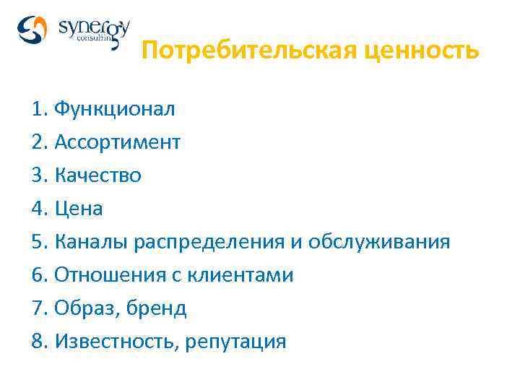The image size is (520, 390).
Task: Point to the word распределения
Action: (x=209, y=242)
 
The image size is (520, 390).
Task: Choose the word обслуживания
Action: (x=379, y=242)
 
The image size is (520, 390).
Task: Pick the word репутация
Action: (x=236, y=342)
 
